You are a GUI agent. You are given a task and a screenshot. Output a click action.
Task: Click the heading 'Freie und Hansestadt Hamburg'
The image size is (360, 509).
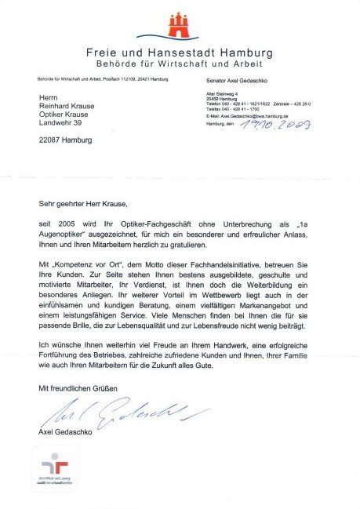(180, 53)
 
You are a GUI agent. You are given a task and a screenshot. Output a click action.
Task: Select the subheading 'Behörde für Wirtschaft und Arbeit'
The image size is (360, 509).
(180, 63)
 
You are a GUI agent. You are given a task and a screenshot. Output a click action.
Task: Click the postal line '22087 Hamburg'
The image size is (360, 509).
(65, 140)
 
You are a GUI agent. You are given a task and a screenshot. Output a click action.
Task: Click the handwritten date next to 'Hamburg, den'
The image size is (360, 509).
(279, 124)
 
